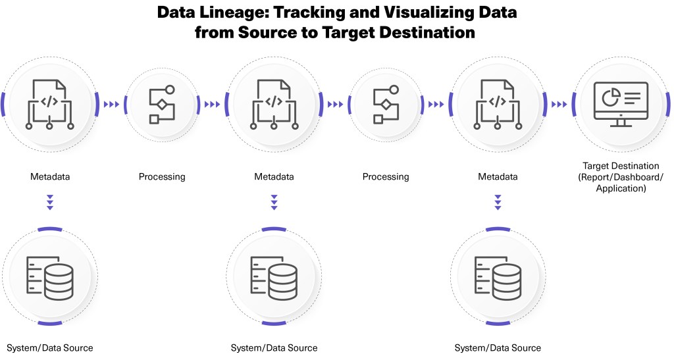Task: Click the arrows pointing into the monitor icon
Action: click(x=559, y=104)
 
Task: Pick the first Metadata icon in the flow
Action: click(x=49, y=104)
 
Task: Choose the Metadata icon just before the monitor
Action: click(x=498, y=104)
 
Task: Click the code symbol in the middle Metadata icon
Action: click(x=274, y=101)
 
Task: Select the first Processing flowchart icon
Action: click(x=162, y=104)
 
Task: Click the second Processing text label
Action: click(x=386, y=177)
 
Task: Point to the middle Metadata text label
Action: click(x=274, y=177)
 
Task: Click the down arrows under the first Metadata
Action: click(x=50, y=202)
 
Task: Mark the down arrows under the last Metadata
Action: click(x=498, y=202)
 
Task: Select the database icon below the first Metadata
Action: click(x=49, y=276)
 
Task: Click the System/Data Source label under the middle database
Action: click(x=274, y=348)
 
